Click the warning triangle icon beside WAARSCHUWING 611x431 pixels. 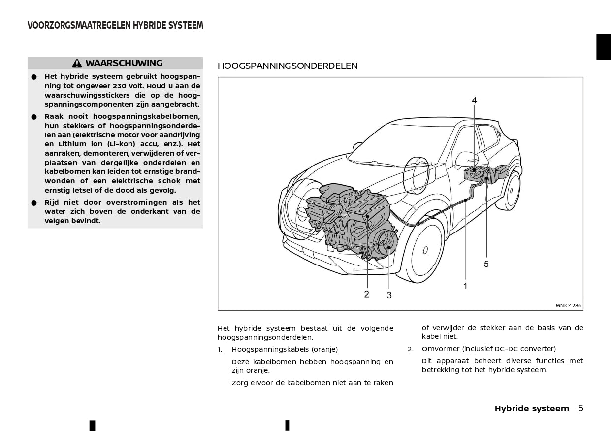point(77,64)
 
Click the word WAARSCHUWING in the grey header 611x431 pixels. point(124,63)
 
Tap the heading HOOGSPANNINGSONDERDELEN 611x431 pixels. point(288,66)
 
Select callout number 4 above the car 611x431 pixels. point(474,100)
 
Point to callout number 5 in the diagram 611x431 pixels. point(486,264)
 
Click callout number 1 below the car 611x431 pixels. point(465,286)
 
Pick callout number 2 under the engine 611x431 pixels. point(366,294)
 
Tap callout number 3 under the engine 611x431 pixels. point(389,295)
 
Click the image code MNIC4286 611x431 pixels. point(568,305)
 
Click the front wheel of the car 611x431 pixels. point(424,251)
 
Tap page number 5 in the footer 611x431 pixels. point(580,408)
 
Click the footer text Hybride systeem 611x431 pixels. point(532,408)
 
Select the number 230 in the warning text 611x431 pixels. point(121,86)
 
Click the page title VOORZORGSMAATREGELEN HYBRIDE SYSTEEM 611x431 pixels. point(115,26)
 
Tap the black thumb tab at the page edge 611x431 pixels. point(604,47)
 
